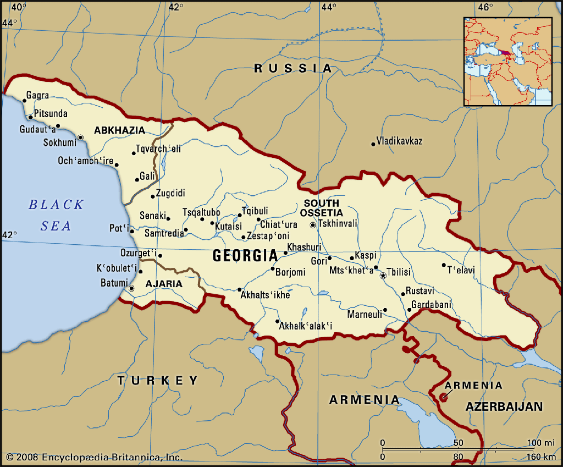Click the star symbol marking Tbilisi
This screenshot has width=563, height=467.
point(383,275)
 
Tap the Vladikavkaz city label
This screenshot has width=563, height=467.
point(399,141)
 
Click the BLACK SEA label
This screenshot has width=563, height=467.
point(56,215)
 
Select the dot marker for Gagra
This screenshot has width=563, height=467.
point(25,101)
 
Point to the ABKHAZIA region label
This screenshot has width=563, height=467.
point(120,130)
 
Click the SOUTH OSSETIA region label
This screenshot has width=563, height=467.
point(322,208)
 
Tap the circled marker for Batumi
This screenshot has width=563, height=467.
point(131,288)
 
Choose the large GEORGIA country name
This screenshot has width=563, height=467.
point(245,256)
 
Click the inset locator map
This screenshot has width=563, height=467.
point(507,62)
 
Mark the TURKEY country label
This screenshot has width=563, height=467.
point(158,380)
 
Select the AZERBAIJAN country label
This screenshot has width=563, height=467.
point(504,406)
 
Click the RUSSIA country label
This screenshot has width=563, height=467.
point(293,68)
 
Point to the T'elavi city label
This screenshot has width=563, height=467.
point(461,270)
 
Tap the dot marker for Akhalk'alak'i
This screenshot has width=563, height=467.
point(278,322)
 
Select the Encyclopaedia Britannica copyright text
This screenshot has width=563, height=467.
point(94,457)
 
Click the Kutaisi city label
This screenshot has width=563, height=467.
point(228,227)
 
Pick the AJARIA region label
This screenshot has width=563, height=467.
point(163,284)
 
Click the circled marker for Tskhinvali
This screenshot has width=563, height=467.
point(313,225)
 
